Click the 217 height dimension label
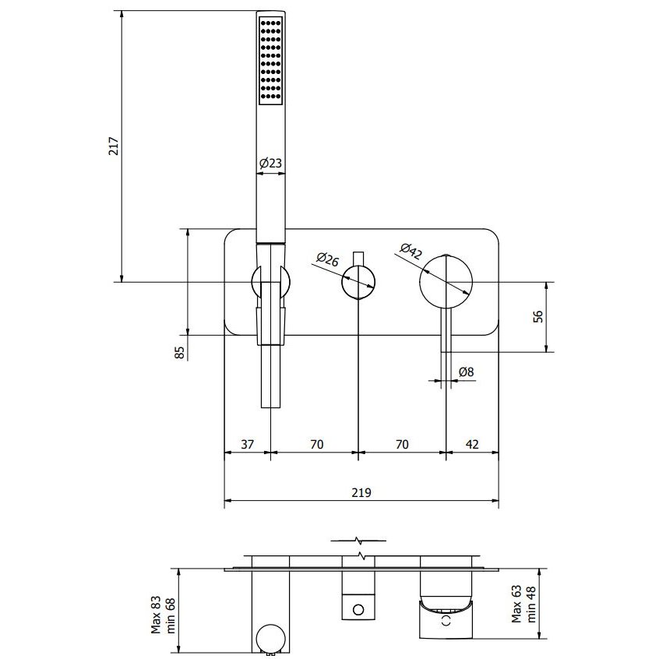pos(114,146)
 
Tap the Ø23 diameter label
pos(270,163)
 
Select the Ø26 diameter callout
pos(327,259)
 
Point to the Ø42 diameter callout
pos(411,252)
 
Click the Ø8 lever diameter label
pos(466,372)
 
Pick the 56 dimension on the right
pos(537,316)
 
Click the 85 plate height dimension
pos(179,352)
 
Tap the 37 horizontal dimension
pos(248,444)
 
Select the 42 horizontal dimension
pos(472,444)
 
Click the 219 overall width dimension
pos(361,492)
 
